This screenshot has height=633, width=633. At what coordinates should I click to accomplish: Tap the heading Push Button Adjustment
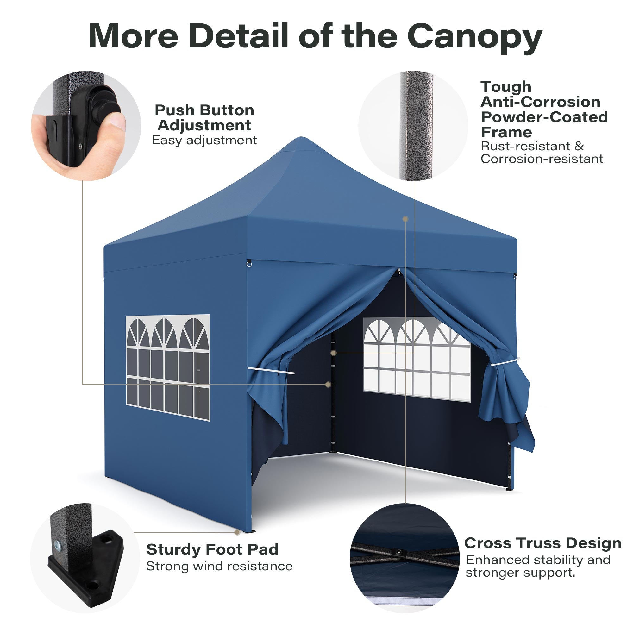204,118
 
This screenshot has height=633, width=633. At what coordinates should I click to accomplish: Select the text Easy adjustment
204,140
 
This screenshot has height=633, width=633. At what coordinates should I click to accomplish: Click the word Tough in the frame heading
506,87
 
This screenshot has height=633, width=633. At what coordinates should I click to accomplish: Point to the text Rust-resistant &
532,146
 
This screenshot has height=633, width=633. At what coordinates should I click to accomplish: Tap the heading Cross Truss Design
542,543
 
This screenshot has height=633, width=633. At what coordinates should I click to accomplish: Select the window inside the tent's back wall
417,360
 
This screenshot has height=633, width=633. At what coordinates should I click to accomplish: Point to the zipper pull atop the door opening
399,271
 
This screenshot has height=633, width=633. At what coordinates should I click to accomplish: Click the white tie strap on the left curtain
271,371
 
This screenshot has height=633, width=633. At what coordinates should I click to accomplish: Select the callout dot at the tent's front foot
237,532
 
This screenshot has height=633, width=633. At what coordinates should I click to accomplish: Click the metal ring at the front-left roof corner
249,263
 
